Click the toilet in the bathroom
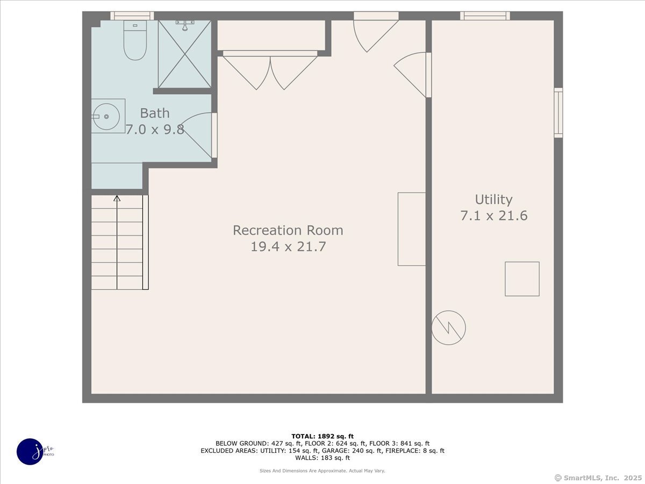pyautogui.click(x=135, y=40)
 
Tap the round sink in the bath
pyautogui.click(x=106, y=116)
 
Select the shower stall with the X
pyautogui.click(x=184, y=54)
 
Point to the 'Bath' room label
pyautogui.click(x=155, y=113)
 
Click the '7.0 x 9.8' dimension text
pyautogui.click(x=155, y=129)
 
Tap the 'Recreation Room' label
pyautogui.click(x=288, y=230)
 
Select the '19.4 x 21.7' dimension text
pyautogui.click(x=288, y=247)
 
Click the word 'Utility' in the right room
pyautogui.click(x=493, y=200)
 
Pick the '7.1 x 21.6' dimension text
pyautogui.click(x=493, y=216)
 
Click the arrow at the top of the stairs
pyautogui.click(x=117, y=199)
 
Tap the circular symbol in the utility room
pyautogui.click(x=449, y=328)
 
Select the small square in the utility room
pyautogui.click(x=522, y=279)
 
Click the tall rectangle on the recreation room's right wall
pyautogui.click(x=411, y=229)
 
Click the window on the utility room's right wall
pyautogui.click(x=558, y=113)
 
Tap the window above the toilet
pyautogui.click(x=132, y=16)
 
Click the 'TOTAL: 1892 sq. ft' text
pyautogui.click(x=322, y=436)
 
